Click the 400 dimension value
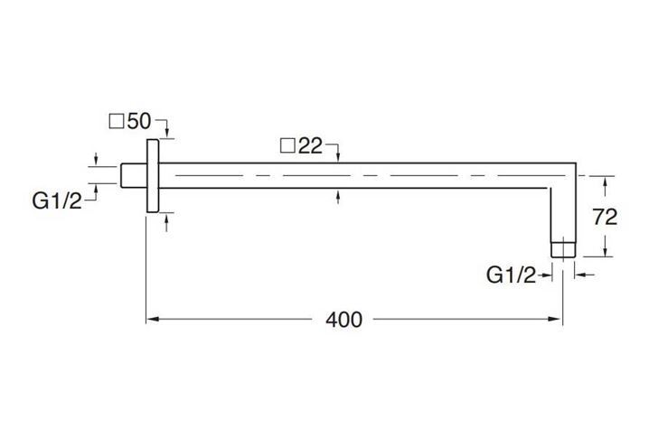click(343, 320)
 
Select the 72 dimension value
click(605, 217)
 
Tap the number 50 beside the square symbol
click(139, 121)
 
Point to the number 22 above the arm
click(310, 146)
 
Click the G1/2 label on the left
click(57, 201)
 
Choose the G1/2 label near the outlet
click(512, 275)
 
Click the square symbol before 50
click(117, 122)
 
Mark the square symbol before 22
click(287, 146)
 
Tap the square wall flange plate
click(153, 176)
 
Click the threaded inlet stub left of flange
click(134, 175)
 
